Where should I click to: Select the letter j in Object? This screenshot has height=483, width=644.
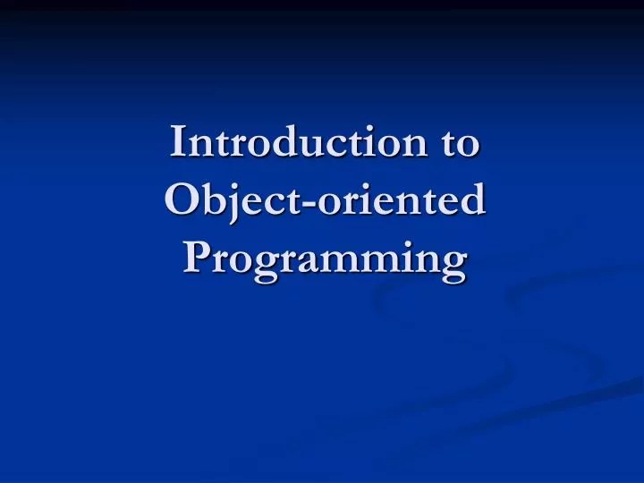[233, 204]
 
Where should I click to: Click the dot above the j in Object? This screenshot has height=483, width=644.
[234, 185]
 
